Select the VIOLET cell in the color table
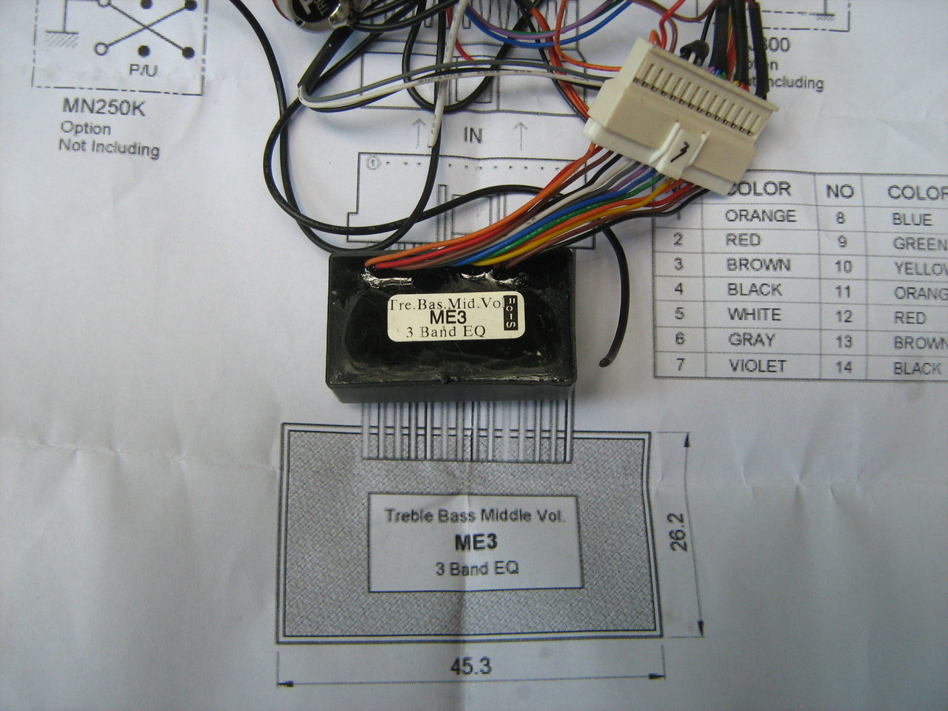[756, 366]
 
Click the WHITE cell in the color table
[753, 315]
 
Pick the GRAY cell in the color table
[751, 340]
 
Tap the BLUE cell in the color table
[912, 220]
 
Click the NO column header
[840, 192]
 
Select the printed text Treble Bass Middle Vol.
[474, 516]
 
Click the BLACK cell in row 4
[754, 290]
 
